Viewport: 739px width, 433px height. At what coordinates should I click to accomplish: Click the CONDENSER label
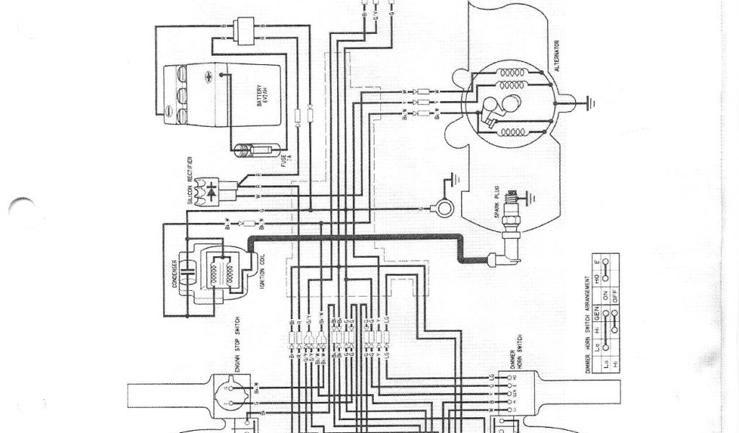[x=174, y=271]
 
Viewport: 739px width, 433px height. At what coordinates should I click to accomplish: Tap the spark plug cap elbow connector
[x=499, y=257]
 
